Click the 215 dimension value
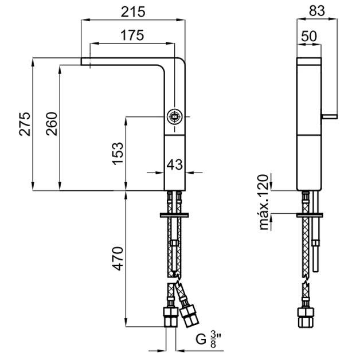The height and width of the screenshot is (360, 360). pyautogui.click(x=133, y=11)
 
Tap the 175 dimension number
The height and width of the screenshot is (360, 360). pyautogui.click(x=132, y=35)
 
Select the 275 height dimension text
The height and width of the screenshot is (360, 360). pyautogui.click(x=25, y=124)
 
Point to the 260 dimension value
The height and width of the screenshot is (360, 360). pyautogui.click(x=52, y=124)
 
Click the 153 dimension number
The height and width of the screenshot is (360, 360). pyautogui.click(x=118, y=154)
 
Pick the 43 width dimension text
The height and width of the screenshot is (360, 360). pyautogui.click(x=175, y=165)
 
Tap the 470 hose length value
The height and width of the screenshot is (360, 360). pyautogui.click(x=118, y=259)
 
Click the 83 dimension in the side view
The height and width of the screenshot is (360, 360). pyautogui.click(x=317, y=10)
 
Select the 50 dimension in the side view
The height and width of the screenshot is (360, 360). pyautogui.click(x=309, y=36)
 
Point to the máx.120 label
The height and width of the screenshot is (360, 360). pyautogui.click(x=264, y=202)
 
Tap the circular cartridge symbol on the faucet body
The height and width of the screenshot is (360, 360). pyautogui.click(x=175, y=117)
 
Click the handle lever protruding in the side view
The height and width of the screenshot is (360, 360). pyautogui.click(x=330, y=116)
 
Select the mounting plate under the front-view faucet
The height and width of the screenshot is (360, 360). pyautogui.click(x=174, y=215)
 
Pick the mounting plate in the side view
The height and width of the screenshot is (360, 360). pyautogui.click(x=310, y=215)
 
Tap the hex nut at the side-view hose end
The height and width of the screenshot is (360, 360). pyautogui.click(x=306, y=318)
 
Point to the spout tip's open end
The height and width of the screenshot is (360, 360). pyautogui.click(x=81, y=61)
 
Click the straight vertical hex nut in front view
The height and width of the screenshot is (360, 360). pyautogui.click(x=171, y=317)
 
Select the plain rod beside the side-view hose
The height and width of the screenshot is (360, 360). pyautogui.click(x=316, y=232)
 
